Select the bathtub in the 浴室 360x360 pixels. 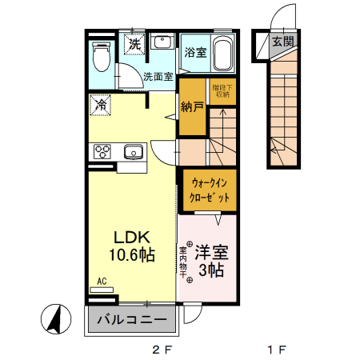coord(221,54)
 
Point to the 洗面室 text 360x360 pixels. coord(158,78)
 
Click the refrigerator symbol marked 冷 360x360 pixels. coord(101,104)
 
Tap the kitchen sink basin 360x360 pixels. coord(132,151)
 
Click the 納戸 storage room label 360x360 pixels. coord(191,106)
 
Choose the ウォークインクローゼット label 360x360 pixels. coord(210,190)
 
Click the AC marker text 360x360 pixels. coord(102,281)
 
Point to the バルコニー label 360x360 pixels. coord(132,320)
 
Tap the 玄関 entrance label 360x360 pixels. coord(281,42)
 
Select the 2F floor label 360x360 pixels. coord(162,349)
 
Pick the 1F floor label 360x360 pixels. coord(277,349)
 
